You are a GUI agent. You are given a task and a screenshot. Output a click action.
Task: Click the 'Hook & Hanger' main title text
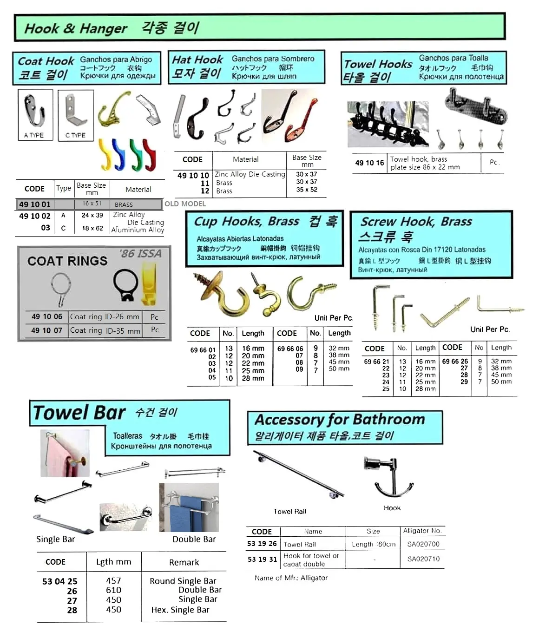coord(75,29)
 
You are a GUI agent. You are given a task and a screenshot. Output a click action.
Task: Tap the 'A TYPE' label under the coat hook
coord(34,135)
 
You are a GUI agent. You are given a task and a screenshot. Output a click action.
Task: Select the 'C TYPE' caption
coord(75,135)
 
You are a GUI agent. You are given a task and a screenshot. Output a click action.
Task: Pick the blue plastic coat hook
coord(120,155)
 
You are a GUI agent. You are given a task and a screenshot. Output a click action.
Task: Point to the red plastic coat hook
coord(150,155)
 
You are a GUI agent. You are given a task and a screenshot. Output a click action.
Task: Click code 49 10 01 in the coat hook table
coord(34,204)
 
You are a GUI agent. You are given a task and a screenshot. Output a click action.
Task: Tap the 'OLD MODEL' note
coord(185,204)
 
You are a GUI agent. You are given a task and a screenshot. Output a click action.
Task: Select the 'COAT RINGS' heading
coord(67,261)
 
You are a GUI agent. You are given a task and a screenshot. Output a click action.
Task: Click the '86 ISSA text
coord(140,254)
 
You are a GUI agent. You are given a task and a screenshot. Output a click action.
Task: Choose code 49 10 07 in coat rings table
coord(46,330)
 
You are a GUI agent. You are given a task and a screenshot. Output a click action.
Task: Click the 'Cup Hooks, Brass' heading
coord(246,222)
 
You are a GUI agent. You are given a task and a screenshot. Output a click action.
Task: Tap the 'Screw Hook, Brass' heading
coord(416,222)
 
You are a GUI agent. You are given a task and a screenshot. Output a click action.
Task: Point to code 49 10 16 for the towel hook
coord(369,163)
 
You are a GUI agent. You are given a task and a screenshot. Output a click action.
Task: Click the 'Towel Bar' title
coord(79,413)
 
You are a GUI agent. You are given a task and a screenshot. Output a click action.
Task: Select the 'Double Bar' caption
coord(194,539)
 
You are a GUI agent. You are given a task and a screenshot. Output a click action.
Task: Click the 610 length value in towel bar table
coord(113,590)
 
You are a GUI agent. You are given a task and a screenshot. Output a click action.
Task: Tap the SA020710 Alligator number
coord(423,559)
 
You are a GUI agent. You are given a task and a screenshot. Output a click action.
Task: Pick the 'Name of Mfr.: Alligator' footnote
coord(291,578)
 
